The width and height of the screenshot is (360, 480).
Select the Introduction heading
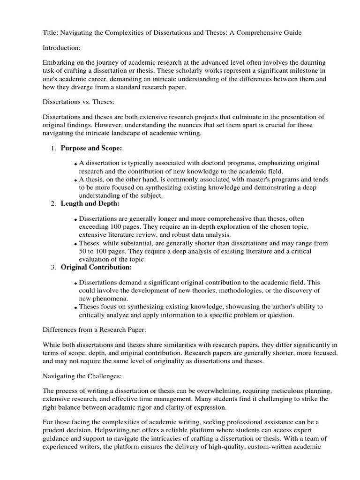tap(63, 47)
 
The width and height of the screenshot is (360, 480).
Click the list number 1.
tap(52, 148)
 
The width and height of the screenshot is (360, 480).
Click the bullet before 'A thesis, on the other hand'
tap(75, 180)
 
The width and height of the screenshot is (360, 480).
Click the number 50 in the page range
tap(83, 251)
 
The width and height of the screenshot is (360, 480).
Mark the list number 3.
tap(52, 268)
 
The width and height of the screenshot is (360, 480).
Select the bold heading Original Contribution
tap(96, 267)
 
